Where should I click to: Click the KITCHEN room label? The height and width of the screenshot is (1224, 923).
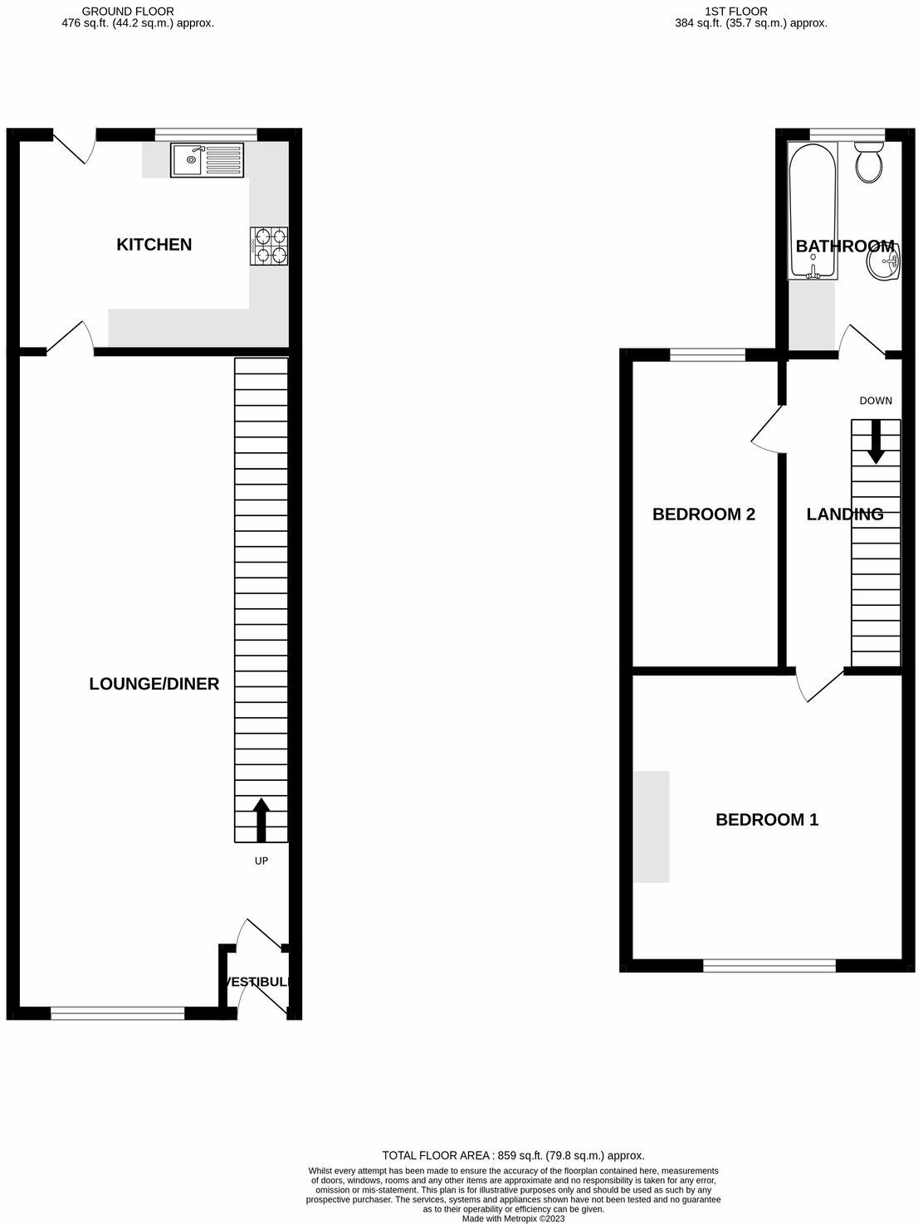coord(154,244)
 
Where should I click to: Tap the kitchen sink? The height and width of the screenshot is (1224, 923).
coord(208,160)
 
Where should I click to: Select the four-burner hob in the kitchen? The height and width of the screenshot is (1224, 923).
coord(269,246)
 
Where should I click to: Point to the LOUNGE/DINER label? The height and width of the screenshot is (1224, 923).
coord(154,684)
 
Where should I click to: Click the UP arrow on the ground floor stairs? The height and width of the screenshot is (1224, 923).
coord(261,819)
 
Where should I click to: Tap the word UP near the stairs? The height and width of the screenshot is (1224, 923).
coord(261,861)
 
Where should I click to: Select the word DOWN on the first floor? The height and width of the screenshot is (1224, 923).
coord(876,401)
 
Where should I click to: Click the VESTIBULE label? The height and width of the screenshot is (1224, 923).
coord(258,982)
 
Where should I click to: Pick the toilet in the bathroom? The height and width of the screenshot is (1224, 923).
coord(870,163)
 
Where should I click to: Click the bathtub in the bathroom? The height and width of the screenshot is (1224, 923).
coord(812,212)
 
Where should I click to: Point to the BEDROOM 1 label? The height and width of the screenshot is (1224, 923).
coord(767,820)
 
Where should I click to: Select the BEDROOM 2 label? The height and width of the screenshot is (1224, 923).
coord(704,514)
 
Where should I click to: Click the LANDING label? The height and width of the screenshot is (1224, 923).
coord(844,514)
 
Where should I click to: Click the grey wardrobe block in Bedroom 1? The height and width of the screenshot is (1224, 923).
coord(652,827)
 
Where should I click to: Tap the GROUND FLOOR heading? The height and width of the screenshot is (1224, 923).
coord(128,11)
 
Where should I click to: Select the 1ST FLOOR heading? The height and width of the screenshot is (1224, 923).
coord(736,11)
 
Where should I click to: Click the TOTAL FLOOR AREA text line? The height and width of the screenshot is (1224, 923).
coord(513,1155)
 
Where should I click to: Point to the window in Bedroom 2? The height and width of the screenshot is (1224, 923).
coord(707,356)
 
